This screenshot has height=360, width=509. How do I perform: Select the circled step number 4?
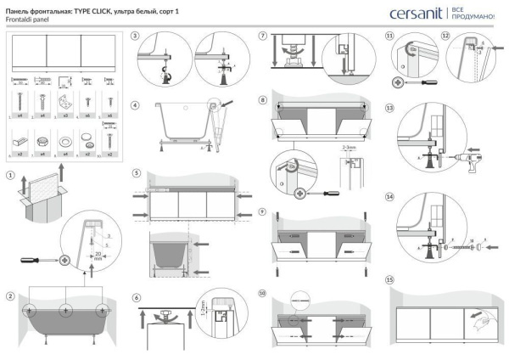136,106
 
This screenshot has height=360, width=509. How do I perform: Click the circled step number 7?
263,37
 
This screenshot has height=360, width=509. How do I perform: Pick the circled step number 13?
389,109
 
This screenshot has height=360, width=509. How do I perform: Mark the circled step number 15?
389,279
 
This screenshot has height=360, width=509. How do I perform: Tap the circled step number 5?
136,172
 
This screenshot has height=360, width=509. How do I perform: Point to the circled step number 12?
445,37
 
